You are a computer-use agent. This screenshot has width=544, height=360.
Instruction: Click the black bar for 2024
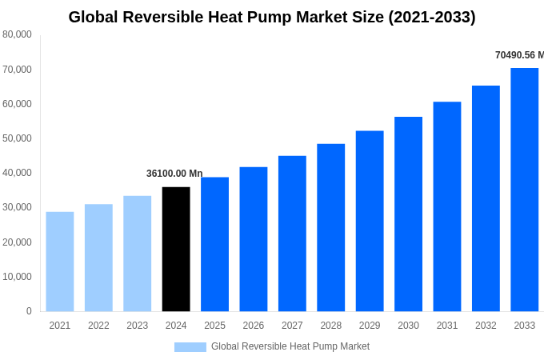tap(176, 249)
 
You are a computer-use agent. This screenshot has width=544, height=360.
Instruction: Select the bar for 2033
tap(524, 190)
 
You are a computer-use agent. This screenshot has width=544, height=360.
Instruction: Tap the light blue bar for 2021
tap(60, 262)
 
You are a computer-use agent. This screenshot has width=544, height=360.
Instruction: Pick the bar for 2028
tap(330, 227)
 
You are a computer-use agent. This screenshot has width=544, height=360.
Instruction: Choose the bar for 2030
tap(408, 214)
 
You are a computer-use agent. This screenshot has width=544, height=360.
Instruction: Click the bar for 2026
tap(254, 239)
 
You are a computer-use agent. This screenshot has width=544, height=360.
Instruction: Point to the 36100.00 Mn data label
tap(174, 174)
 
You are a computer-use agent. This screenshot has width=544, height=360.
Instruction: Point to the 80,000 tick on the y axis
tap(17, 34)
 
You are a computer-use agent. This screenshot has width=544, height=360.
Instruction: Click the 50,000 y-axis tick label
tap(17, 138)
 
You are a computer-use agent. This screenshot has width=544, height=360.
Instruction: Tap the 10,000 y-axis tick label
tap(17, 277)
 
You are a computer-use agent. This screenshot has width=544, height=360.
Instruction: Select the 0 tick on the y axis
tap(29, 311)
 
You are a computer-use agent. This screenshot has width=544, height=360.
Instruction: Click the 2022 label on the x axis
tap(98, 326)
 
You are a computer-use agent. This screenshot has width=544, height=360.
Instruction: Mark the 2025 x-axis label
tap(214, 326)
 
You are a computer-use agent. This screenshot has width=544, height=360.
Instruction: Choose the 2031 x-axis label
tap(447, 326)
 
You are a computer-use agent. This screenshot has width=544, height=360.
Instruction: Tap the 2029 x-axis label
tap(370, 326)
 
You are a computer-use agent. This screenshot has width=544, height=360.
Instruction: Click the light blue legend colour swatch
tap(190, 347)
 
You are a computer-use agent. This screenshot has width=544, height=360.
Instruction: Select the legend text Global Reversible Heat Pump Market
tap(290, 346)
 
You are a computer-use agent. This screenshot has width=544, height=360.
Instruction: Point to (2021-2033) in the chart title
tap(432, 17)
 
